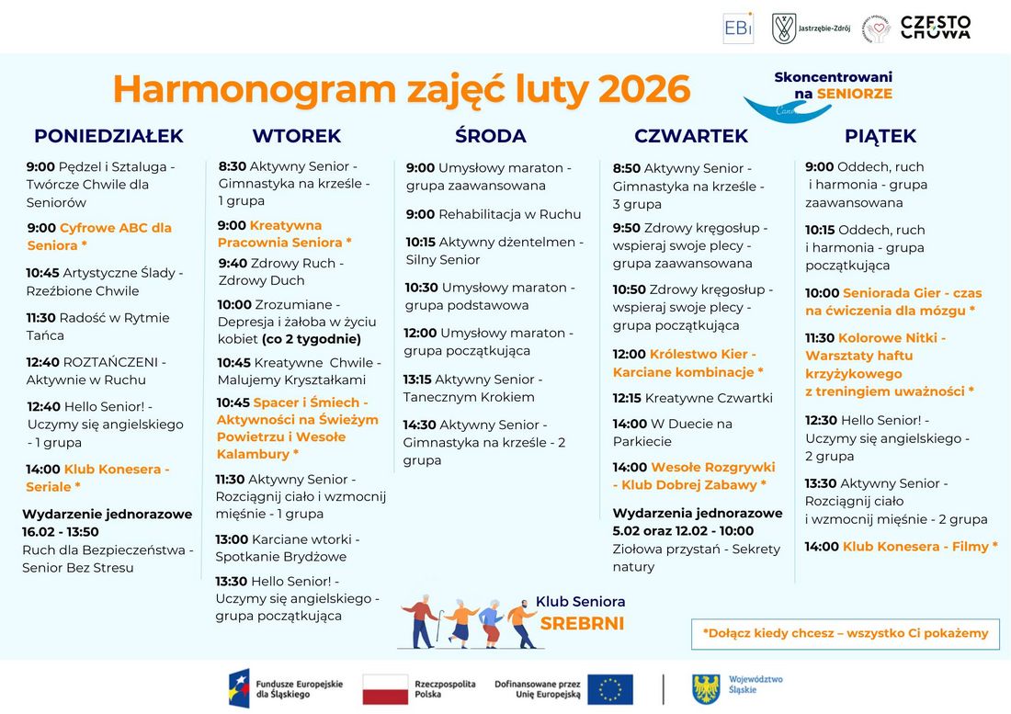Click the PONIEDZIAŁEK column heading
[108, 136]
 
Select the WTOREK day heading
[296, 136]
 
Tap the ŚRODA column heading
[490, 136]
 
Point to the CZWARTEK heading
[690, 136]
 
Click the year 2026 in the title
[643, 89]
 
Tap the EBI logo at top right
[738, 28]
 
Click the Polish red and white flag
[385, 689]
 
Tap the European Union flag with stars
[610, 689]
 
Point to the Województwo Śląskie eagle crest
[706, 689]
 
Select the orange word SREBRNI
[582, 624]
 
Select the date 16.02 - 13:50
[61, 532]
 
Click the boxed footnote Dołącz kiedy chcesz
[845, 633]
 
